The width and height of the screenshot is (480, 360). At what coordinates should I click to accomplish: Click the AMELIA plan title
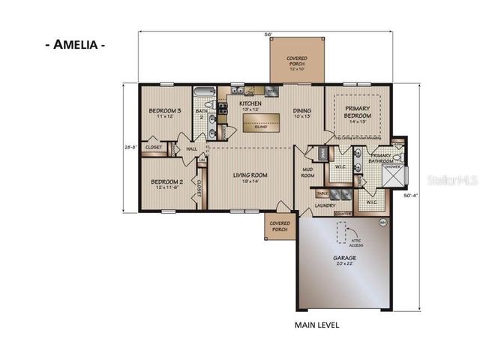coord(74,44)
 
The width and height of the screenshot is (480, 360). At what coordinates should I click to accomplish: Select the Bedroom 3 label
coord(165,112)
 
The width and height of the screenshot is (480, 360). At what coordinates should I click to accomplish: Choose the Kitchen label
coord(250,105)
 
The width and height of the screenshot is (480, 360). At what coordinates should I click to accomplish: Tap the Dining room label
coord(303,113)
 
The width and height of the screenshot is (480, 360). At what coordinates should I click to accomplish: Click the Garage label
coord(345,260)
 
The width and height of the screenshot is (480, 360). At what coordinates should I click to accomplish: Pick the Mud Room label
coord(307,174)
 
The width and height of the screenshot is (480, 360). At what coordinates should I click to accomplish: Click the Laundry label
coord(325,205)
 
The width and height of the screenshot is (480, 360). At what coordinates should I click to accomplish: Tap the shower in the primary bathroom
coord(393,175)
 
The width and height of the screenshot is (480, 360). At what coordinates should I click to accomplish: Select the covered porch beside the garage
coord(280,226)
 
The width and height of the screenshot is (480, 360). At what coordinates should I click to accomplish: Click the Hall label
coord(191,149)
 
